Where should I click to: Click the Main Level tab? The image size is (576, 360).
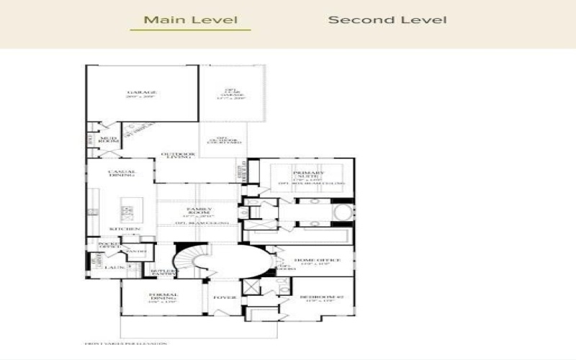tap(190, 19)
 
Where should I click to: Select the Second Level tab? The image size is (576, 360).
tap(387, 19)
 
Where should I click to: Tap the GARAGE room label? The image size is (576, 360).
tap(142, 93)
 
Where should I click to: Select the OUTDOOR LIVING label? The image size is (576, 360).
tap(177, 155)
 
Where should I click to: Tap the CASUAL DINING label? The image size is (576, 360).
tap(122, 173)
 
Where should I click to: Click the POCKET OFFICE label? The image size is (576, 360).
tap(108, 246)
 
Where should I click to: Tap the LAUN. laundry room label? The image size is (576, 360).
tap(111, 267)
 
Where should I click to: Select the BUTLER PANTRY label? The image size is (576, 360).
tap(163, 271)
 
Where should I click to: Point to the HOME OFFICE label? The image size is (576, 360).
tap(311, 261)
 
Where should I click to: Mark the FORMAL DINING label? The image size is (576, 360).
tap(163, 296)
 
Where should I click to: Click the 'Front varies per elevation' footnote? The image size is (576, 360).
tap(126, 343)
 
